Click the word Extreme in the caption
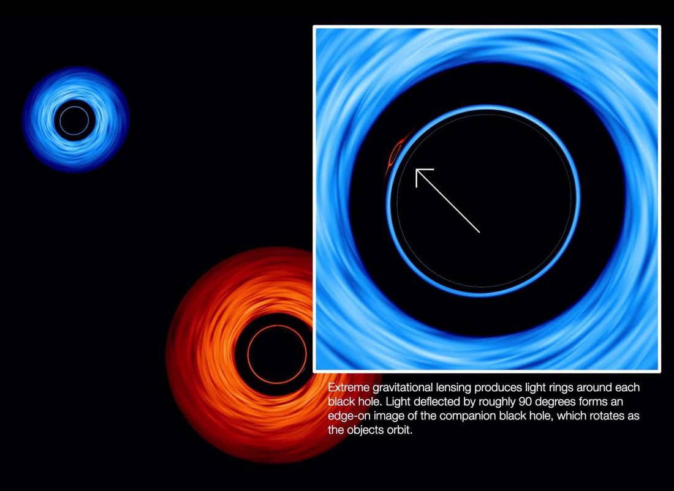[349, 388]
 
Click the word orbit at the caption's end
[401, 430]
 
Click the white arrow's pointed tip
[416, 170]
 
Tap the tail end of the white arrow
[479, 233]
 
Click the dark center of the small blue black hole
[74, 121]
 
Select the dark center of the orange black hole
[277, 354]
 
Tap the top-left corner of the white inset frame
[314, 27]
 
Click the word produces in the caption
[498, 388]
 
